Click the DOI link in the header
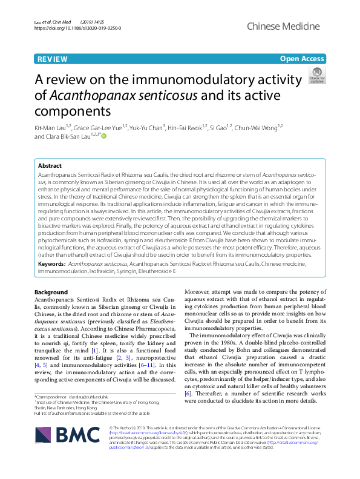click(x=78, y=28)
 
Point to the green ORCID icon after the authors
click(x=103, y=136)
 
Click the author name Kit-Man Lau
click(x=50, y=127)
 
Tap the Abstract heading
click(x=50, y=165)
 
